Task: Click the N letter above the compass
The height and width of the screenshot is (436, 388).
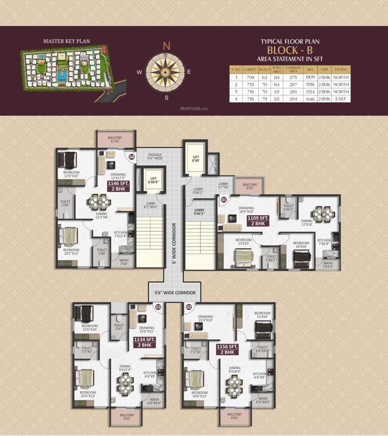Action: (166, 46)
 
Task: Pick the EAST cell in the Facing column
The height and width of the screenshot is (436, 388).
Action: (341, 99)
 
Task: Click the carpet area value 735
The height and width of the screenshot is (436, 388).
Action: (247, 84)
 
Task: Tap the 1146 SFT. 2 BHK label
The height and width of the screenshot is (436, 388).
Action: (119, 186)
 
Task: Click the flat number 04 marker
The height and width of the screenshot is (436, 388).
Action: (131, 156)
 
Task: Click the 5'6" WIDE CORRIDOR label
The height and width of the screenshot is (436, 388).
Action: (175, 292)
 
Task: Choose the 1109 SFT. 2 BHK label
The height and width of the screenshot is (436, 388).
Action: (251, 221)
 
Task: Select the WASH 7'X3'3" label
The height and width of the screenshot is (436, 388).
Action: (328, 265)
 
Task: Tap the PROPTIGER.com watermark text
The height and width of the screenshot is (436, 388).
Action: (194, 108)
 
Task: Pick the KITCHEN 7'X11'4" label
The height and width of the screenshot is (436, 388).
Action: (120, 236)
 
